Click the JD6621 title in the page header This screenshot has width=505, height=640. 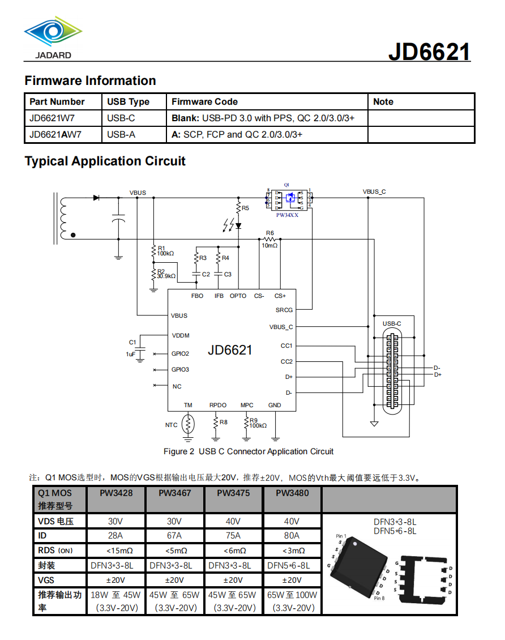(x=429, y=52)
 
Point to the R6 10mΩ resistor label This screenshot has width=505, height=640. (x=269, y=239)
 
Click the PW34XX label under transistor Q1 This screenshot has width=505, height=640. (x=287, y=215)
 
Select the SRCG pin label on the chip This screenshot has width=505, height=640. (x=284, y=310)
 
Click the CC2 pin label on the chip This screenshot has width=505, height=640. (x=286, y=361)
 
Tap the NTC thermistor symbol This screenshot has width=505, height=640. (x=189, y=424)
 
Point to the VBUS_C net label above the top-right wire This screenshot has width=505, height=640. (x=374, y=192)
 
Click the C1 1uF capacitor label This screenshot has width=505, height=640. (x=131, y=348)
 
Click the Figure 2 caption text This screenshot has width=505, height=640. (x=249, y=451)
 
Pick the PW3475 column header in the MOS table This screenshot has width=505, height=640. (x=233, y=493)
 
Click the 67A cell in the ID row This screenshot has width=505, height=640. (x=174, y=536)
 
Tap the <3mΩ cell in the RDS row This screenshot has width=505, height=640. (x=292, y=551)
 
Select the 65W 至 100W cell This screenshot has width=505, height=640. (x=292, y=595)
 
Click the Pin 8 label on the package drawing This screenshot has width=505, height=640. (x=379, y=598)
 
